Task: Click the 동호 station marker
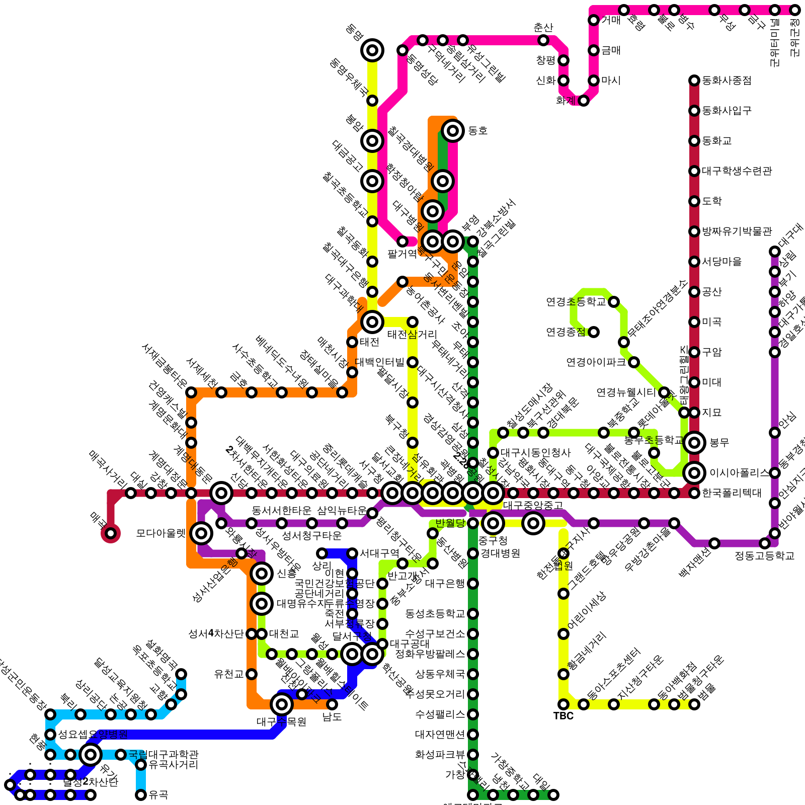coord(452,131)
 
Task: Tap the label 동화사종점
coord(727,80)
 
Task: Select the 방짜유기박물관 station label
coord(737,231)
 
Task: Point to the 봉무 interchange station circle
coord(694,443)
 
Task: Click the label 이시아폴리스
coord(739,473)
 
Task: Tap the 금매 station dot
coord(594,50)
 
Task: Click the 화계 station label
coord(566,101)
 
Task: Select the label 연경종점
coord(566,332)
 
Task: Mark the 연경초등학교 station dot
coord(614,302)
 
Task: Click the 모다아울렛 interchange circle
coord(201,533)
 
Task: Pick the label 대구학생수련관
coord(737,171)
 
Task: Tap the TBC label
coord(563,716)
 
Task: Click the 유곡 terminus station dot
coord(141,795)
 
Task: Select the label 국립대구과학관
coord(163,755)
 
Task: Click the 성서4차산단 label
coord(216,634)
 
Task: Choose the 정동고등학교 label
coord(764,556)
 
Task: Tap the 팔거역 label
coord(402,254)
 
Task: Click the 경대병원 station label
coord(500,553)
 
